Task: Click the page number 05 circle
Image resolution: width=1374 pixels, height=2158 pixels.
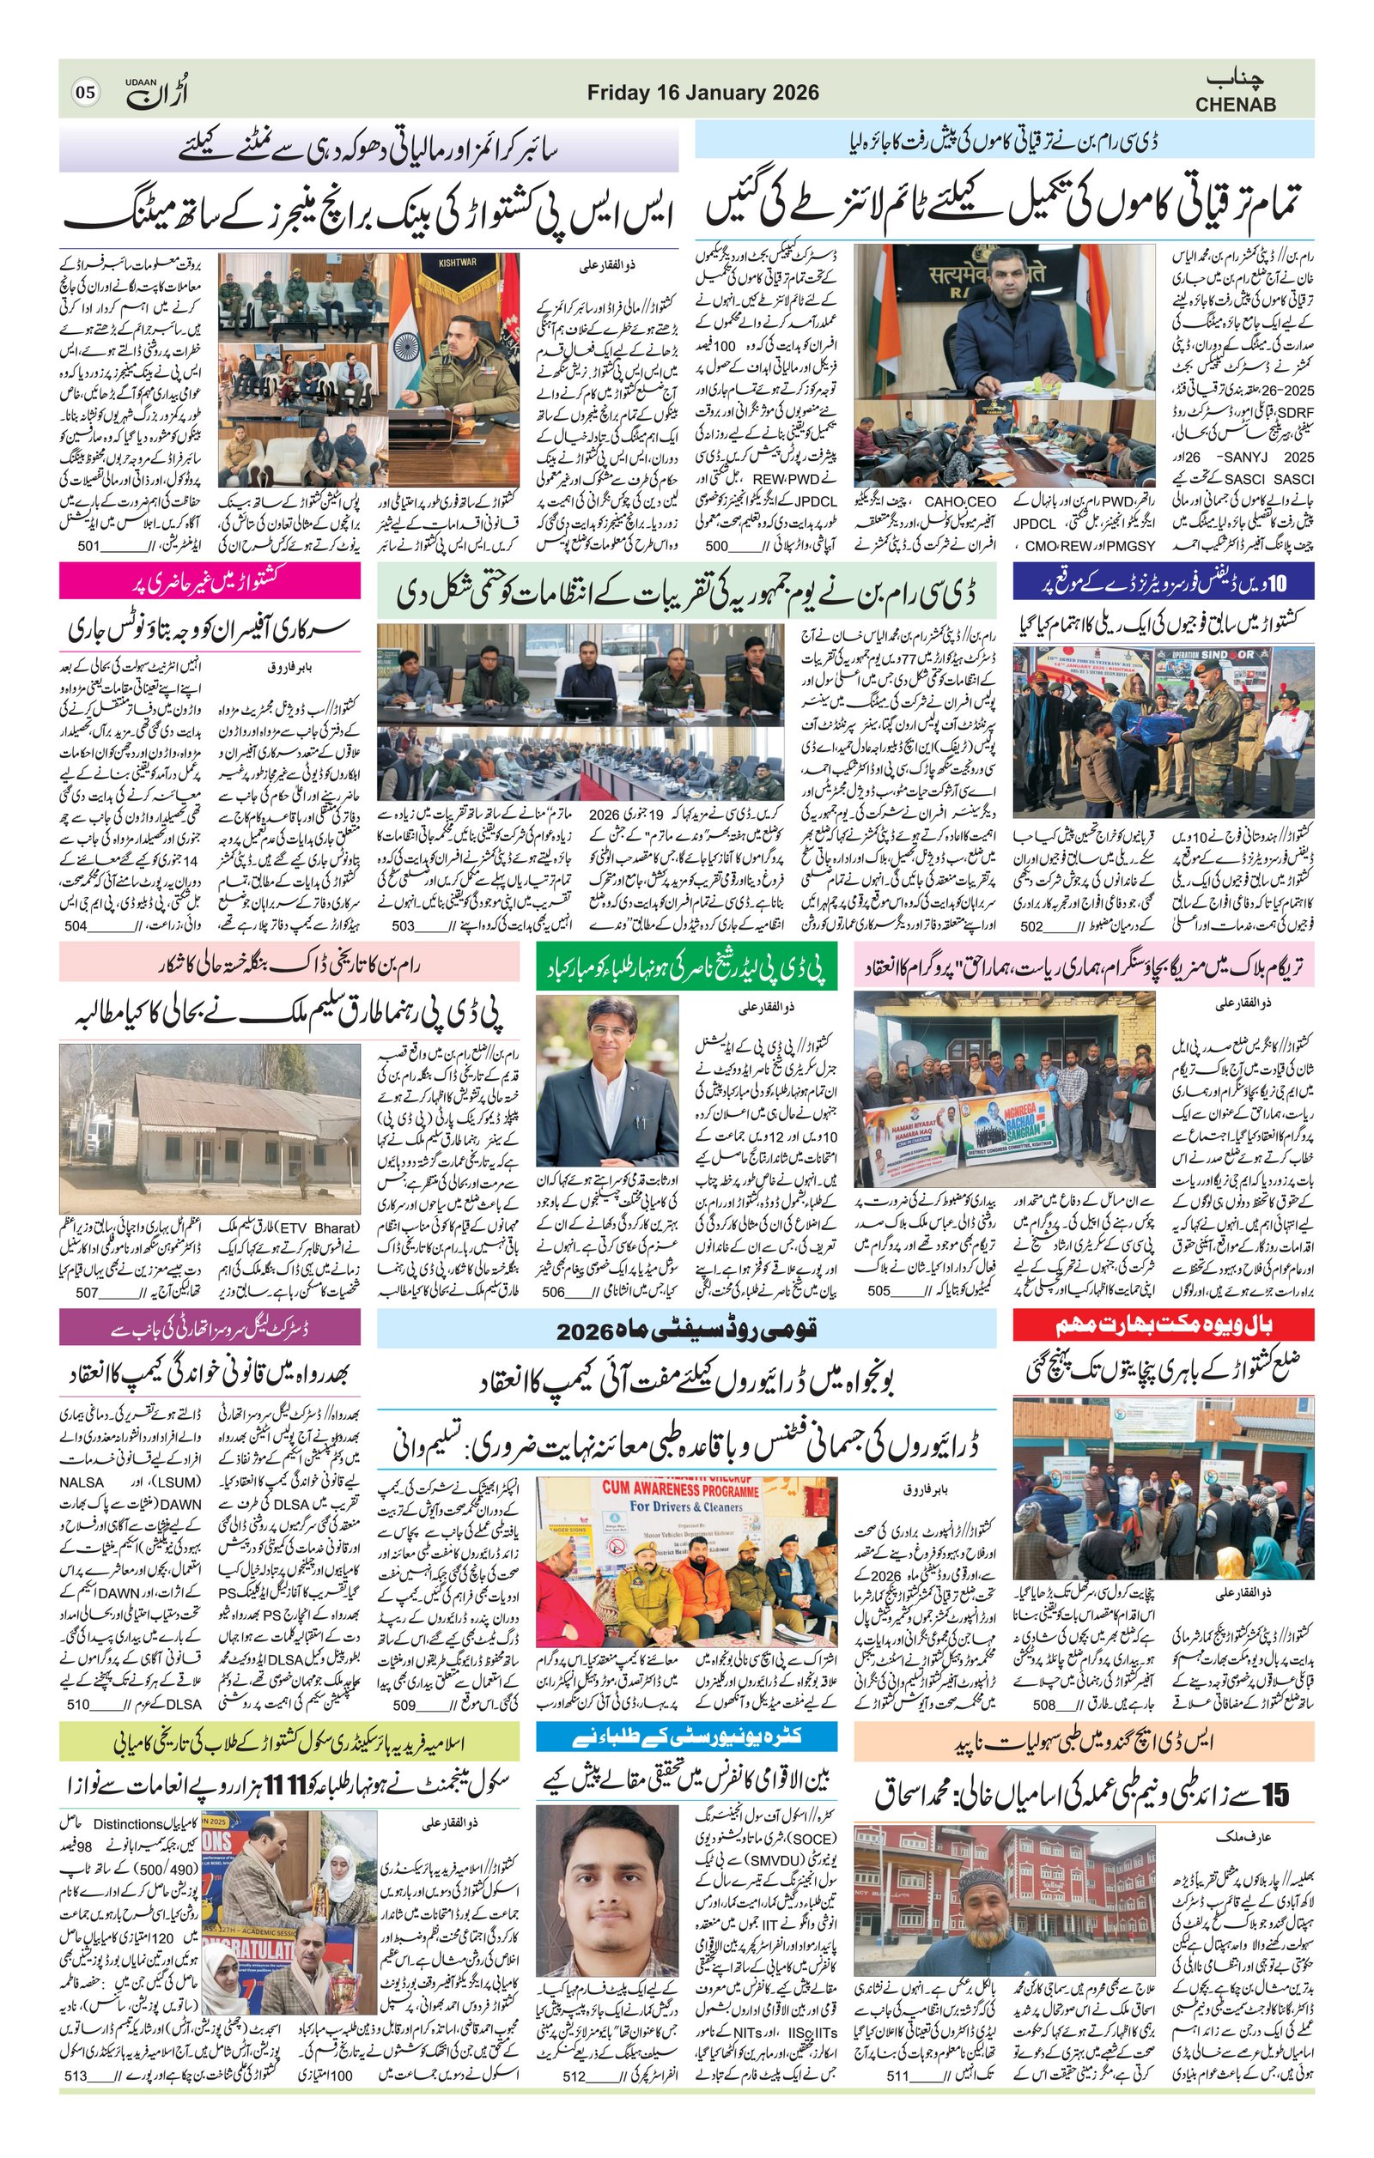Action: tap(86, 93)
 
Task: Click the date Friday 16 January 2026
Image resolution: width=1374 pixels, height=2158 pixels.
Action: tap(702, 93)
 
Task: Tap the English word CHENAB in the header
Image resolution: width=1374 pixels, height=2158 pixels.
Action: tap(1235, 105)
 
